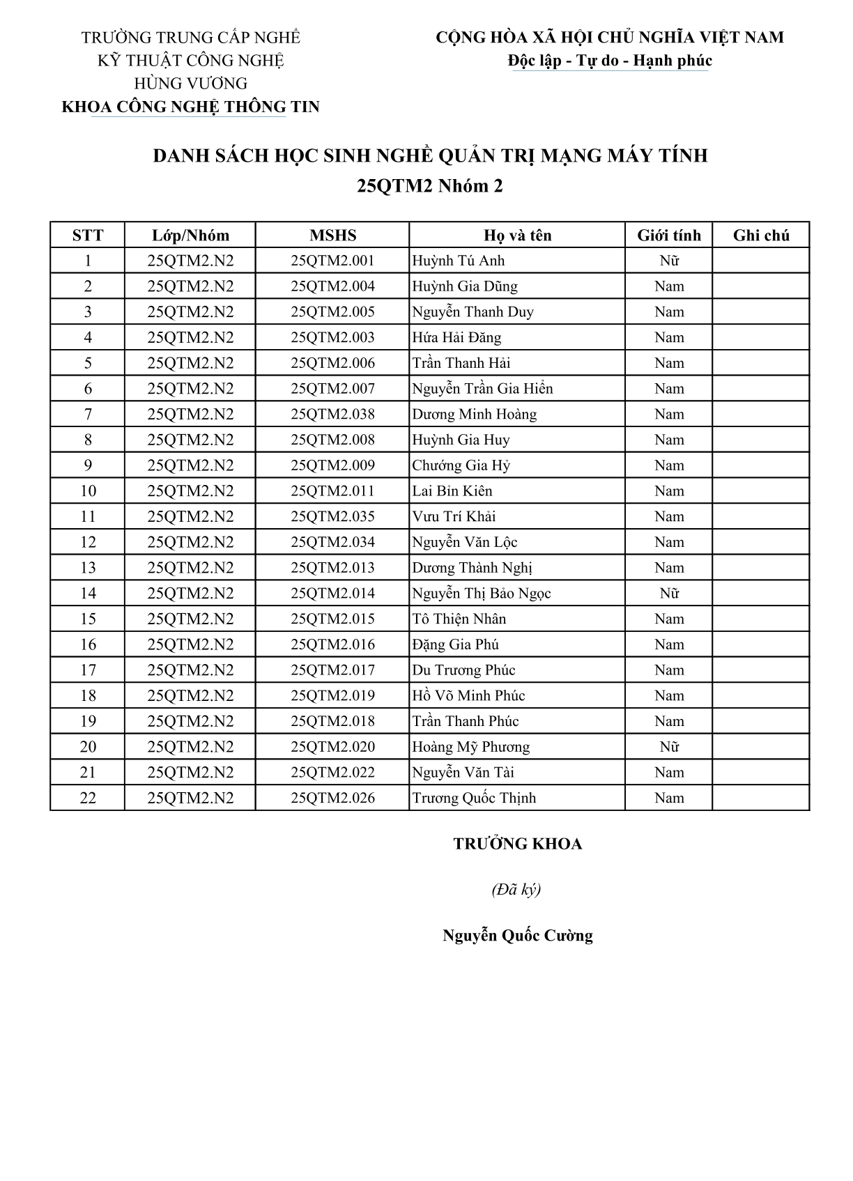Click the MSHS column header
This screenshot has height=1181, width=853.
coord(332,236)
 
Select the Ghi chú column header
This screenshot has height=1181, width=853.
coord(761,236)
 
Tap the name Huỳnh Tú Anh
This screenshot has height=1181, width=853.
coord(459,261)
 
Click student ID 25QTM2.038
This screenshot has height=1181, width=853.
coord(332,415)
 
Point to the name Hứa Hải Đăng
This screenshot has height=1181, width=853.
coord(456,338)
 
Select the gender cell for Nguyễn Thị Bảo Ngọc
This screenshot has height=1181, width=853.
coord(669,594)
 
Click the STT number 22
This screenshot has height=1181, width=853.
coord(88,798)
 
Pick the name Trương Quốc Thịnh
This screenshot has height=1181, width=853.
coord(474,798)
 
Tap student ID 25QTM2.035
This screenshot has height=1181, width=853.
coord(332,517)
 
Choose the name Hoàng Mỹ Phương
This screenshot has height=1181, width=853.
coord(471,747)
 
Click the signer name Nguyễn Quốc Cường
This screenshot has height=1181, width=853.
coord(518,936)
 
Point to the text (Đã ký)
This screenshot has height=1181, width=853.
coord(516,890)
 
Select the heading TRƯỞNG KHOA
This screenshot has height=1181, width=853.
coord(518,844)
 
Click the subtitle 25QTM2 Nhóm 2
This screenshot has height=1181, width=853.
coord(430,186)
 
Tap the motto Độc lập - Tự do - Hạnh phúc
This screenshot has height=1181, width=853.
coord(610,61)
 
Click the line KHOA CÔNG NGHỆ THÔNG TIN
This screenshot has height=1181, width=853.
coord(190,107)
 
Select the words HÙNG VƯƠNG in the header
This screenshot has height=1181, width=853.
coord(190,84)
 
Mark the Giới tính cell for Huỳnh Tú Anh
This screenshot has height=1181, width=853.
coord(669,261)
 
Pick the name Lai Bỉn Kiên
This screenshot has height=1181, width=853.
coord(452,491)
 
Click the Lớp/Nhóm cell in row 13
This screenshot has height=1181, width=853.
coord(190,568)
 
